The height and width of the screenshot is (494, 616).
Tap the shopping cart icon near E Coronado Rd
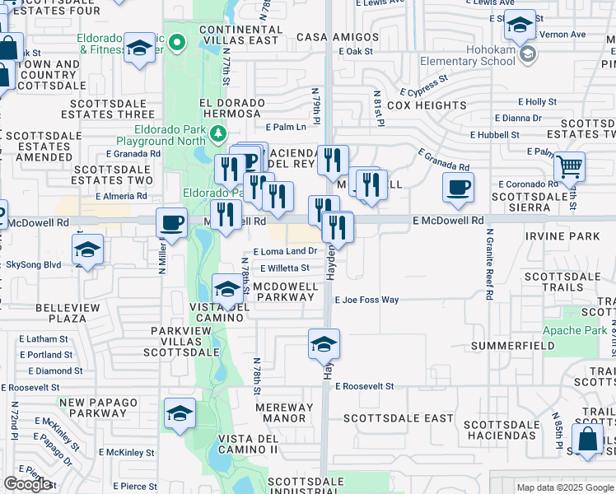tap(569, 166)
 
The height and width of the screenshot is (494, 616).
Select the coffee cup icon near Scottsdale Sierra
tap(458, 187)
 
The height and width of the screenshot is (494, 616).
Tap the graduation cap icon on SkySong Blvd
tap(88, 249)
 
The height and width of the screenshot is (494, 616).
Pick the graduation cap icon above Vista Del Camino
tap(228, 288)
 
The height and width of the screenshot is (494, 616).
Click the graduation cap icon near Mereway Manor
tap(180, 414)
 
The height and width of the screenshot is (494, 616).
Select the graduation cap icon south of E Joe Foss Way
tap(324, 343)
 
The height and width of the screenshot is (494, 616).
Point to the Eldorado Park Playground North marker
tap(217, 133)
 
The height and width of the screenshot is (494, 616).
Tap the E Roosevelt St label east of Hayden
tap(363, 386)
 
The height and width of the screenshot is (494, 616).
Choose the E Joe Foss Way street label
tap(366, 300)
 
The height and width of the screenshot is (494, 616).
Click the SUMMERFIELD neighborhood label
tap(508, 346)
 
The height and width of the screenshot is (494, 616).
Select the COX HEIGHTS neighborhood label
tap(427, 105)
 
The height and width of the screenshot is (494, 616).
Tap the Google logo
tap(27, 484)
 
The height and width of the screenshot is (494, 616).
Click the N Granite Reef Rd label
tap(489, 263)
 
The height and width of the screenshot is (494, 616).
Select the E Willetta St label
tap(285, 268)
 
